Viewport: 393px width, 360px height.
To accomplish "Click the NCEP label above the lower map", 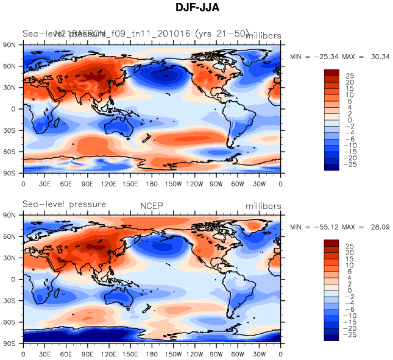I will [152, 206].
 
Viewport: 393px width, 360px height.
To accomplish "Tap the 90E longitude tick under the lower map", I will [88, 353].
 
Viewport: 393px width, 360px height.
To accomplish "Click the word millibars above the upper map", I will [263, 36].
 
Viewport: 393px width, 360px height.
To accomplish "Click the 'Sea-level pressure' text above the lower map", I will [65, 204].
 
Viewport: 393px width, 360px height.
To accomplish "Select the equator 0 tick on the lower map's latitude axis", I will [12, 279].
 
